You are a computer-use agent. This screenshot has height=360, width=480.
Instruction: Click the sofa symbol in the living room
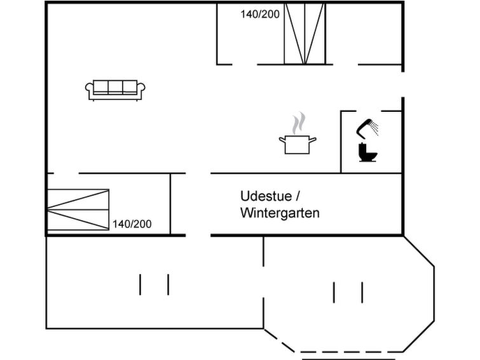coord(115,90)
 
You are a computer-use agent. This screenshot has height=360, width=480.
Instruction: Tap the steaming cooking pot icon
coord(298,133)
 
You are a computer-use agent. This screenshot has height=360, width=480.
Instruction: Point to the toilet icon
coord(367,152)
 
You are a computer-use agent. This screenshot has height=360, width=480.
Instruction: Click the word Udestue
coord(266,196)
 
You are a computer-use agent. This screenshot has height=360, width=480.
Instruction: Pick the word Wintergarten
coord(280,213)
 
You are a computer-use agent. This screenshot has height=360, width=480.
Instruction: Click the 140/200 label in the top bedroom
coord(260,15)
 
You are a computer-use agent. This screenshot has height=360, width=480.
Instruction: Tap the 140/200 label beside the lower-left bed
coord(132,224)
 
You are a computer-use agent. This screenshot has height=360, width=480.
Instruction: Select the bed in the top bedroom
coord(305,34)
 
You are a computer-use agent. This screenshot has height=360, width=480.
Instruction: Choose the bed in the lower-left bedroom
coord(78,209)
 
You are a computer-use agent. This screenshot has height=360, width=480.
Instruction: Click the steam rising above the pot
coord(298,123)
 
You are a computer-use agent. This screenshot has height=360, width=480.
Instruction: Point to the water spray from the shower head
coord(374,128)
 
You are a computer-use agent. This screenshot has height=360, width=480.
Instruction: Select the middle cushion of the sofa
coord(115,87)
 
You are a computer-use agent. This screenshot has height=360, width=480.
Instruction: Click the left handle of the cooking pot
coord(282,140)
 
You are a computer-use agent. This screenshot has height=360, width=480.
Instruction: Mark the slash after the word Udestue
coord(298,196)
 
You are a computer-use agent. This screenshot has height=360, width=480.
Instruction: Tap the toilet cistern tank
coord(362,149)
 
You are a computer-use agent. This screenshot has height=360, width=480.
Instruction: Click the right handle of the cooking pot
coord(313,140)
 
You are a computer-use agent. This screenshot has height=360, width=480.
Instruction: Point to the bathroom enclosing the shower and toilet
coord(371,142)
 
